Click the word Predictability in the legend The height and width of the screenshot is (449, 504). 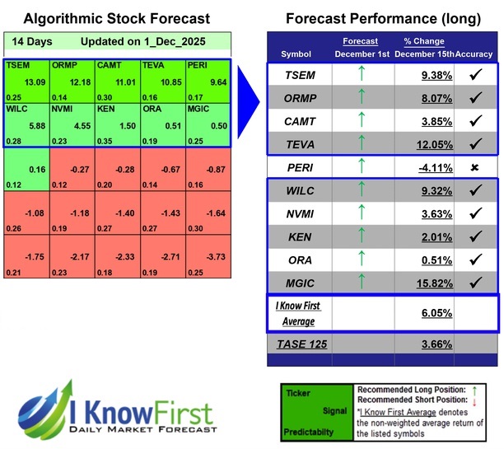pos(310,429)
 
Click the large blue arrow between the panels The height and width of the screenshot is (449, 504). pos(248,98)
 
